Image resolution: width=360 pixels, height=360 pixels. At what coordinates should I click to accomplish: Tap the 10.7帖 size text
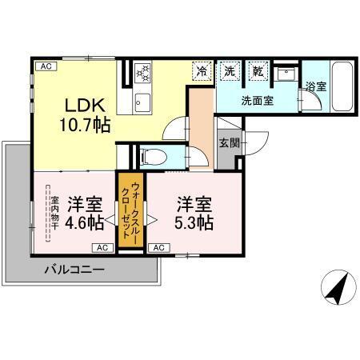coord(83,125)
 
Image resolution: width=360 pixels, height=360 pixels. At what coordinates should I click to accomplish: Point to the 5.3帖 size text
coord(194,222)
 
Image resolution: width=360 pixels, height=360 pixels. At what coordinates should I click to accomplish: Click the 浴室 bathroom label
coord(315,86)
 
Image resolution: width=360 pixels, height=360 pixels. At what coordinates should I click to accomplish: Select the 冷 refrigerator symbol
coord(202,70)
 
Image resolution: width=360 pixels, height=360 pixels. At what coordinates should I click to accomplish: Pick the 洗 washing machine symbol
coord(230,70)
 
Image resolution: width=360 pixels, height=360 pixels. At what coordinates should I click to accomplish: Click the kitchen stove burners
coord(143,73)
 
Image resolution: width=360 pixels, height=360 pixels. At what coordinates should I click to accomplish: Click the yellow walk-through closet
coord(127,211)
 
